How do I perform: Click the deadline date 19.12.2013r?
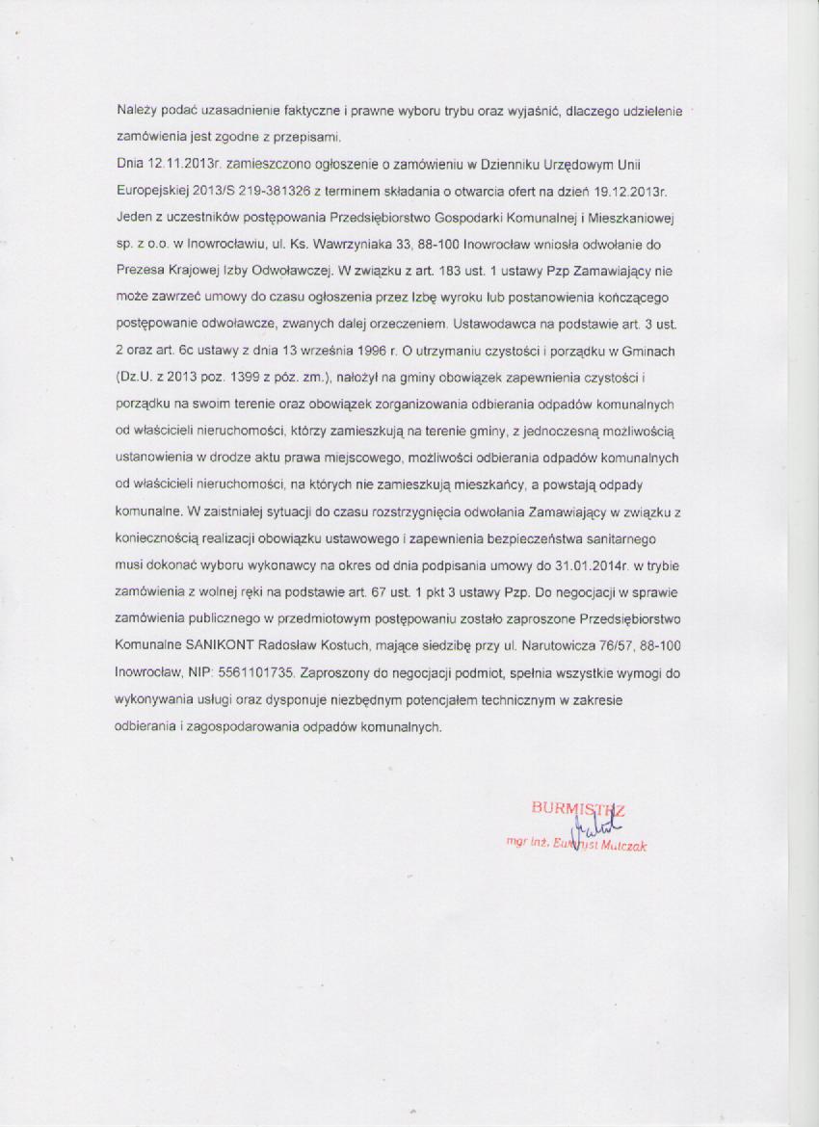(639, 188)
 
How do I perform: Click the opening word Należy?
(135, 113)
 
